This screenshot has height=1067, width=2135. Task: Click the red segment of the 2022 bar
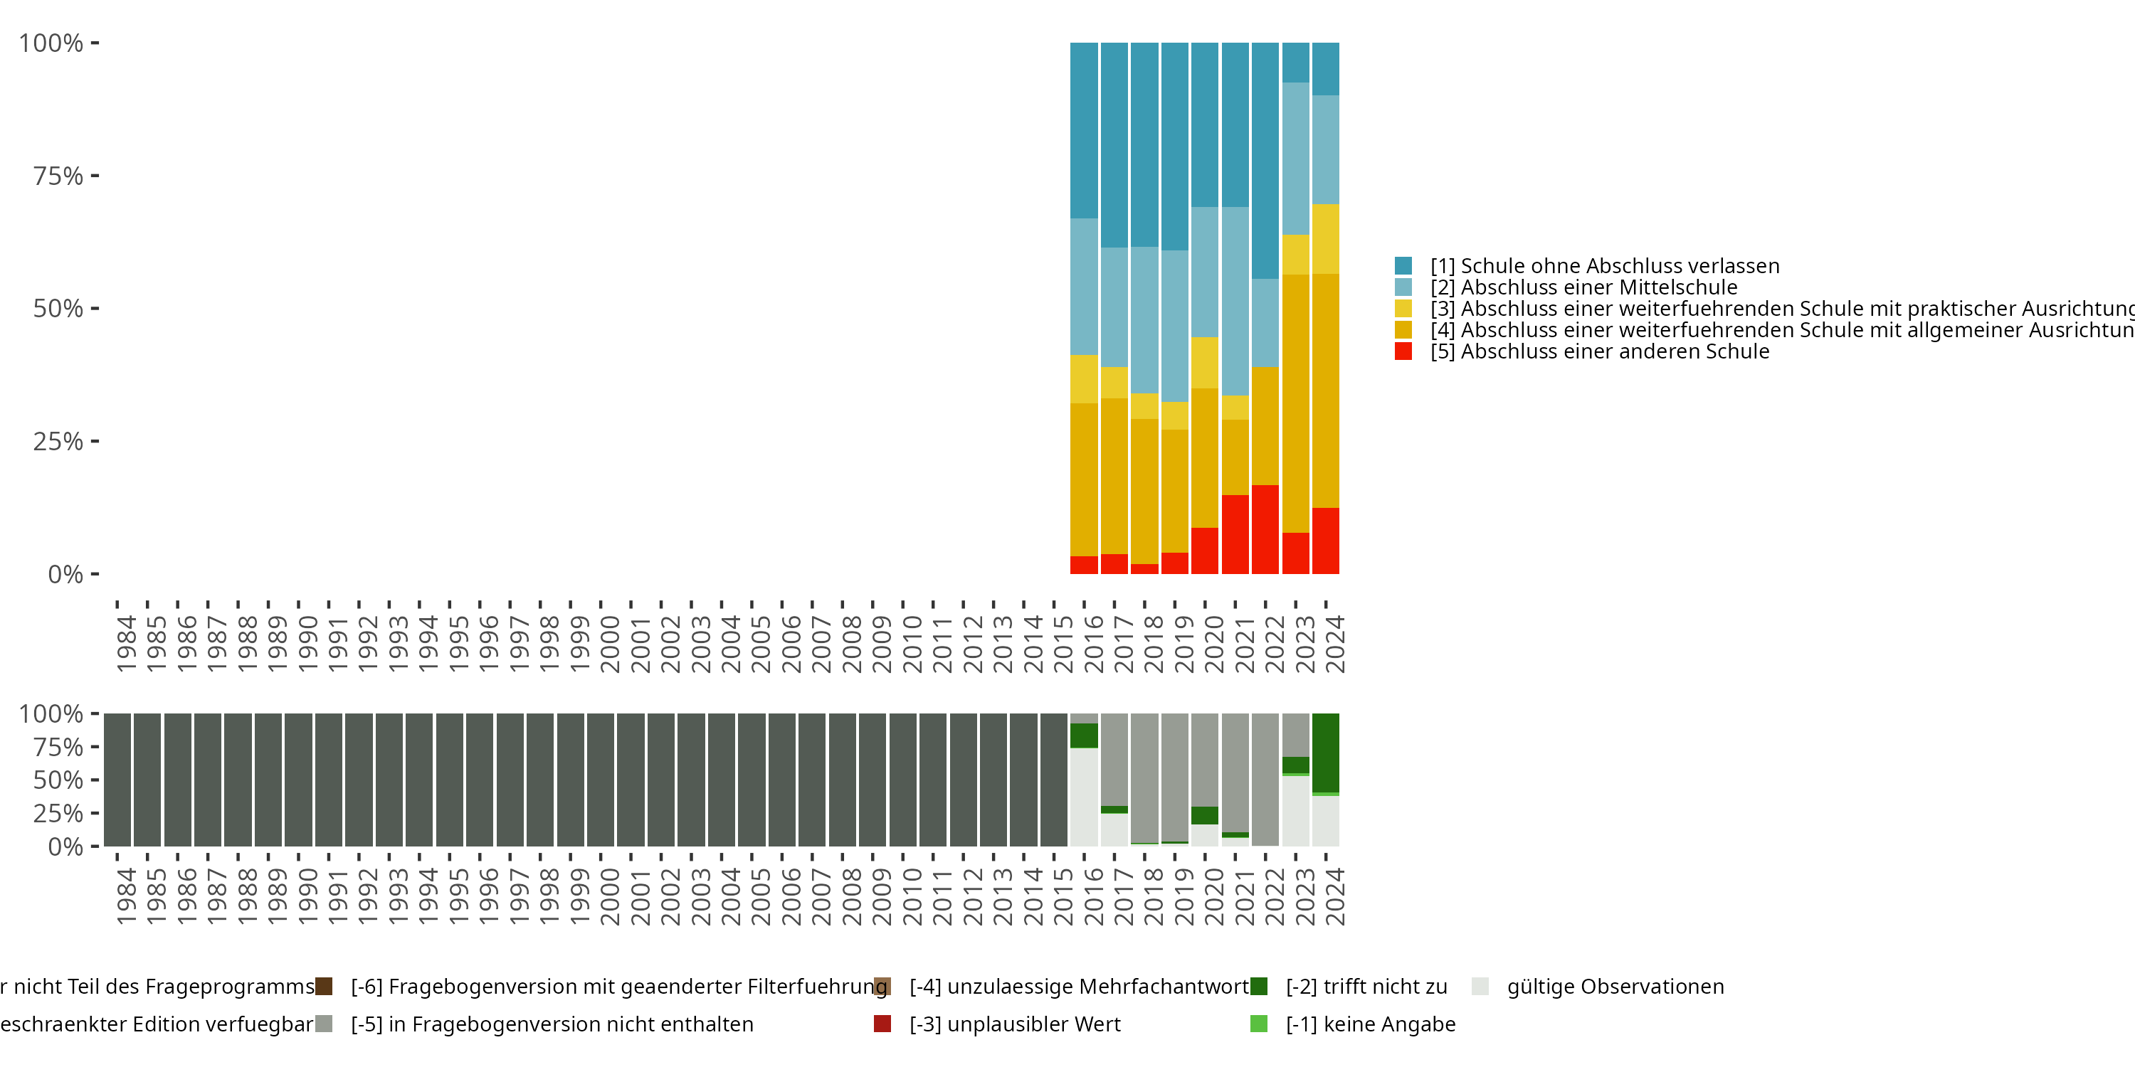[x=1265, y=529]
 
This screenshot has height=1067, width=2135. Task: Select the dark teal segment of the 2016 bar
[x=1084, y=130]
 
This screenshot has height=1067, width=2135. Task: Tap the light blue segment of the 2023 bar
[x=1295, y=158]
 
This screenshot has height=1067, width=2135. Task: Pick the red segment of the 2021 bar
[x=1235, y=534]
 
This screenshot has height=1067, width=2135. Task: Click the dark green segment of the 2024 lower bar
[x=1325, y=752]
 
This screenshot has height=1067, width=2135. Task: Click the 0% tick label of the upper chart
[x=65, y=574]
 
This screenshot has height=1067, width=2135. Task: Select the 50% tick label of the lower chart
[x=58, y=780]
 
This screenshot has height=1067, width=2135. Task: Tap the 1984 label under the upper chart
[x=126, y=644]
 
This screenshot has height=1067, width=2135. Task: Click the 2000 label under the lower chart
[x=610, y=896]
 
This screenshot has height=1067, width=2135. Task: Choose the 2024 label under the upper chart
[x=1334, y=644]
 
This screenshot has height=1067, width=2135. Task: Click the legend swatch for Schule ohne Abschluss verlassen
[x=1403, y=266]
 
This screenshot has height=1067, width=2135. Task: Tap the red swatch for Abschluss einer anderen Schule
[x=1403, y=351]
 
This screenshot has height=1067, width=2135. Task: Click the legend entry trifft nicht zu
[x=1366, y=987]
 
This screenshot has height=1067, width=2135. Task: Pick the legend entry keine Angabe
[x=1370, y=1024]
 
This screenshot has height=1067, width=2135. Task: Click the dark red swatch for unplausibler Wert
[x=882, y=1024]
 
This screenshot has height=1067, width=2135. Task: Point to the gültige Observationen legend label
[x=1615, y=987]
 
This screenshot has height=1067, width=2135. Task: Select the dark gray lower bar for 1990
[x=298, y=780]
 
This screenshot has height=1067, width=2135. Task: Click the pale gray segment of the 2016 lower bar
[x=1084, y=796]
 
